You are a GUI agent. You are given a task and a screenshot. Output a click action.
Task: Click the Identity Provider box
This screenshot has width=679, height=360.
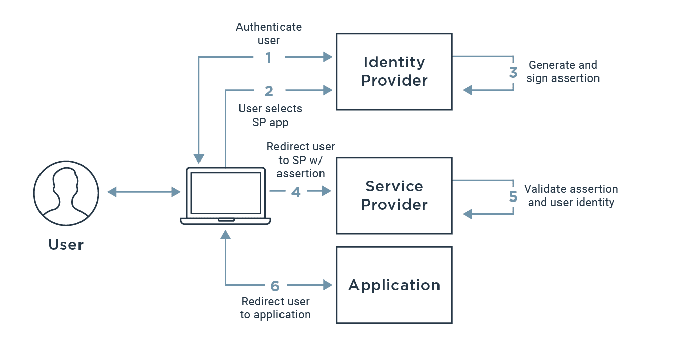(x=394, y=72)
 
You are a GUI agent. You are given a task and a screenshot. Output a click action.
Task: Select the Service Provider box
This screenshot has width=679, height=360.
(x=394, y=196)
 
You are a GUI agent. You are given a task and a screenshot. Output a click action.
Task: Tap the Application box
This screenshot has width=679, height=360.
(x=394, y=285)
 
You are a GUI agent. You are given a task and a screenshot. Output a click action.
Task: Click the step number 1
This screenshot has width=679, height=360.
(x=269, y=58)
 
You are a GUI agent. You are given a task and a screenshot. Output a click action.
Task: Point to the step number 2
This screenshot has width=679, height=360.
(x=269, y=91)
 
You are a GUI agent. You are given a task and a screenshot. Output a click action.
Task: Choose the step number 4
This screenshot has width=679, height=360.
(x=296, y=192)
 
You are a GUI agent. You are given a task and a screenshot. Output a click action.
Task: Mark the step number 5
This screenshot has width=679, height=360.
(x=513, y=197)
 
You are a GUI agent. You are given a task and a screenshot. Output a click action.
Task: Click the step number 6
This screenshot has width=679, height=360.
(x=275, y=286)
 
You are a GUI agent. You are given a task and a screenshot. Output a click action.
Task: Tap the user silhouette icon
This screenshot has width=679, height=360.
(x=66, y=193)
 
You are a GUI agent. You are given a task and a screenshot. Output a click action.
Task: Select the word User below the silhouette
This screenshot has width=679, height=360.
(x=66, y=245)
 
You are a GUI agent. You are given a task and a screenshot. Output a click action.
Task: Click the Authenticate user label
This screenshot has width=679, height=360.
(x=269, y=33)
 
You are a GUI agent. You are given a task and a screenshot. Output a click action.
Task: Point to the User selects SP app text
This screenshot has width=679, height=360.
(x=270, y=115)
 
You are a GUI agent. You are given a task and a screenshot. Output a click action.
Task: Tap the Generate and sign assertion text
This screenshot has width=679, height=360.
(x=563, y=72)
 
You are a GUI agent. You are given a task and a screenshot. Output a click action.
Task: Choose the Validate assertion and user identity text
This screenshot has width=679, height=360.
(x=571, y=196)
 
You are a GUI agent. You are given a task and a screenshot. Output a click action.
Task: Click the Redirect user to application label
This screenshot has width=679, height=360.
(x=275, y=308)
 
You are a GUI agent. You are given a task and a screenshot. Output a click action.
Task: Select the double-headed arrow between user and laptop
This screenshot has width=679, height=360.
(x=144, y=192)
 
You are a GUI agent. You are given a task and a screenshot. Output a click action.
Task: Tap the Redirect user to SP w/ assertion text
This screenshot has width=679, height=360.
(x=301, y=160)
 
